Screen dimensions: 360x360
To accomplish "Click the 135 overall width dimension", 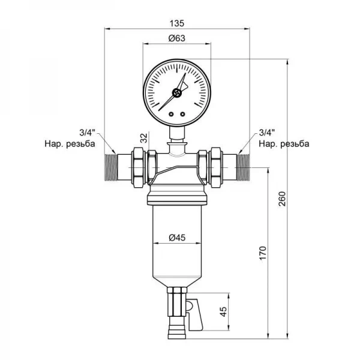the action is [x=177, y=23].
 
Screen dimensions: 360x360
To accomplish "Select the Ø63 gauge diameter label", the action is [x=177, y=38].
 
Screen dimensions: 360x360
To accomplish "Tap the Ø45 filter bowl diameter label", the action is [x=177, y=238].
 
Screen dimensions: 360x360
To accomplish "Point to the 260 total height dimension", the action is [x=282, y=199].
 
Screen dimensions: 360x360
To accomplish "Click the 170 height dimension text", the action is [x=263, y=253].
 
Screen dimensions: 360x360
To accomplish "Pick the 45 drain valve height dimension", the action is [x=223, y=311].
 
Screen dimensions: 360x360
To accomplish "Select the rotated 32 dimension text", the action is [x=144, y=138].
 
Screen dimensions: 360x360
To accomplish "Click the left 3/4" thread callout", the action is [x=88, y=133].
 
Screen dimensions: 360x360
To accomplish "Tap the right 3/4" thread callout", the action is [x=267, y=133].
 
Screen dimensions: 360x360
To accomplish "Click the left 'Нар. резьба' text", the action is [x=70, y=144].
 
